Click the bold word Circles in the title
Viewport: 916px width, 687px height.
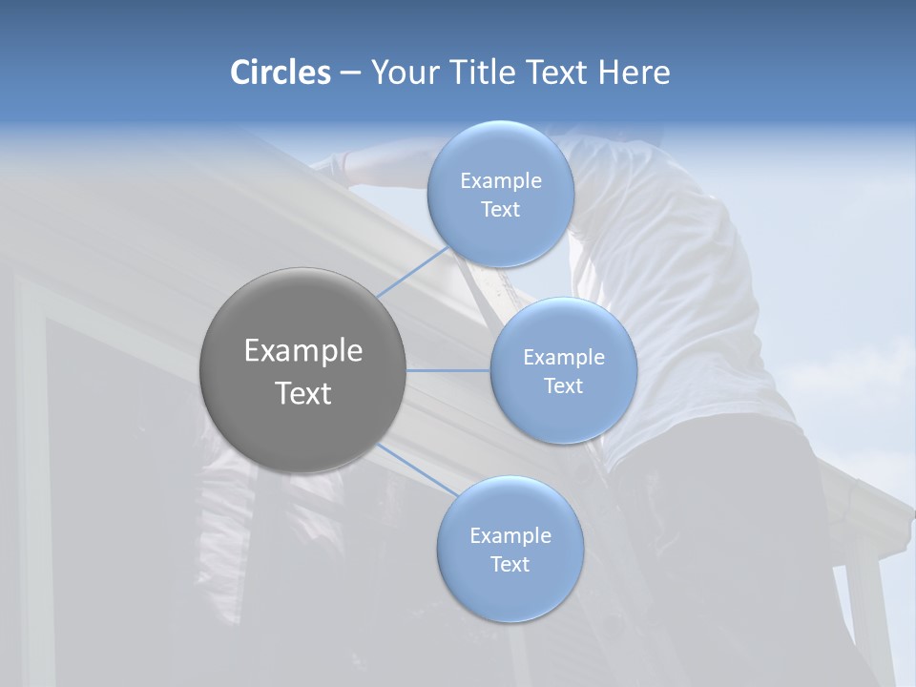(x=280, y=73)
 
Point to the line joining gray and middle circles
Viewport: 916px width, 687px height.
(x=448, y=370)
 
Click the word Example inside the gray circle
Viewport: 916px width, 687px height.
(x=302, y=351)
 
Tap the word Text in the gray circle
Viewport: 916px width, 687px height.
(x=302, y=393)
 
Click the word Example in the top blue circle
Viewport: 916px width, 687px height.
(x=500, y=181)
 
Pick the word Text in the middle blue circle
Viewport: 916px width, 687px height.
(x=563, y=386)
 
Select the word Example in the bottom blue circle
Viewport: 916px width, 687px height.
(x=510, y=536)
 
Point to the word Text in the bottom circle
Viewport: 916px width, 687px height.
(x=510, y=565)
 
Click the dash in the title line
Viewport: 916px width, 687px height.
(x=350, y=73)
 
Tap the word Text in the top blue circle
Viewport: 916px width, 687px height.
(x=500, y=210)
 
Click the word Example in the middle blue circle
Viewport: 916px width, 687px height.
(x=563, y=358)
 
